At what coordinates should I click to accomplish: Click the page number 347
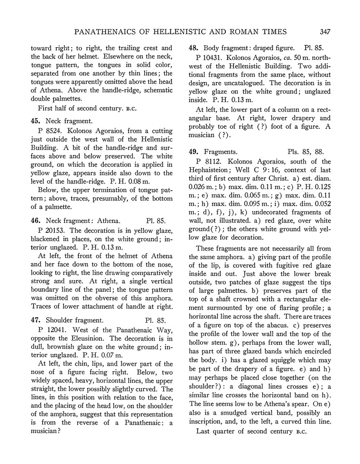click(324, 31)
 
